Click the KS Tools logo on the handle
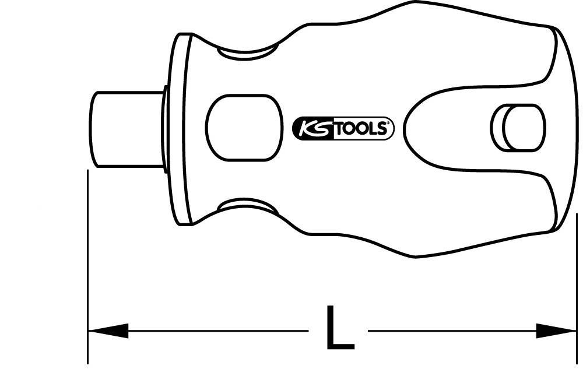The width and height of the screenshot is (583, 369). tap(344, 128)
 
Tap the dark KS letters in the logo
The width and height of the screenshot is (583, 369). tap(314, 128)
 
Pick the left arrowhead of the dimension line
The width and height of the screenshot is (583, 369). tap(108, 331)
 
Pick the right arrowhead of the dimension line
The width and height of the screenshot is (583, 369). tap(556, 331)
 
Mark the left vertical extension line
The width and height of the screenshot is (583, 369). tap(87, 267)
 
